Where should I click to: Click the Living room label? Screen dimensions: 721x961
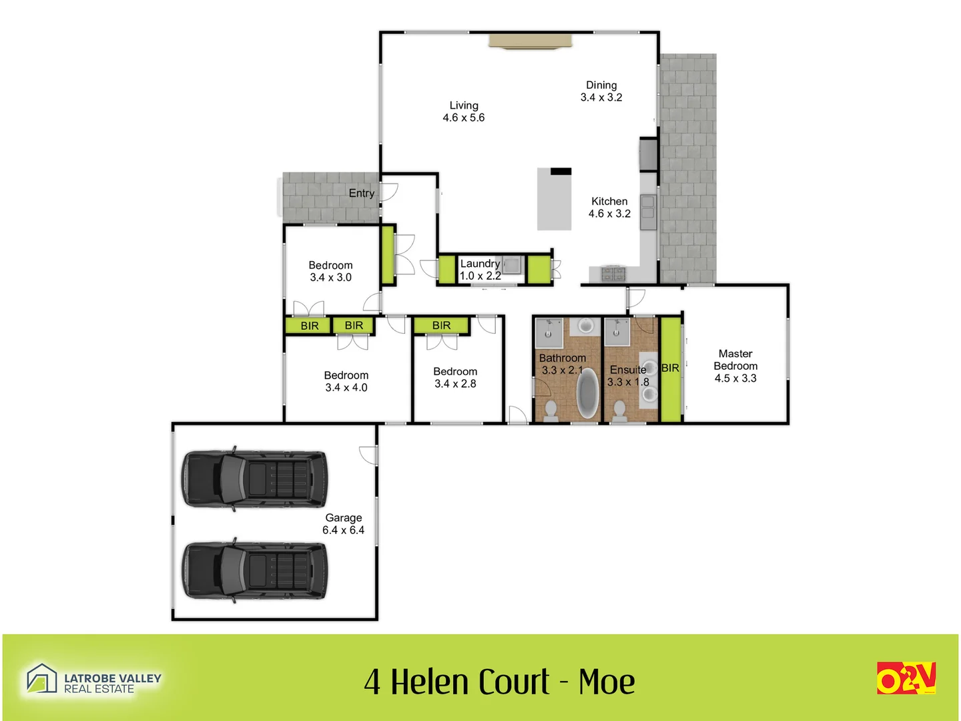click(x=463, y=111)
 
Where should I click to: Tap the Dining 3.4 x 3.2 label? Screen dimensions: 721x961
click(x=601, y=91)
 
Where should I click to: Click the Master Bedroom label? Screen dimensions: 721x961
click(x=735, y=366)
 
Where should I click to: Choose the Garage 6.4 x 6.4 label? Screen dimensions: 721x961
click(x=343, y=524)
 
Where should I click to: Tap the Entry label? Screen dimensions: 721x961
click(x=362, y=194)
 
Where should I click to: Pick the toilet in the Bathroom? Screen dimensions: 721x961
click(x=551, y=411)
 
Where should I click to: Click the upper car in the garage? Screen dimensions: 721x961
click(x=256, y=479)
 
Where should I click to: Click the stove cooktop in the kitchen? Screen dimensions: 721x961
click(x=612, y=273)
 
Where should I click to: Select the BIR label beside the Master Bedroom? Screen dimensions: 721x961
click(x=670, y=369)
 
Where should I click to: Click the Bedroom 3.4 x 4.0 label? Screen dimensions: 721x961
click(x=346, y=381)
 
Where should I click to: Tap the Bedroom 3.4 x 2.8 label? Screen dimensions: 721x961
click(x=455, y=377)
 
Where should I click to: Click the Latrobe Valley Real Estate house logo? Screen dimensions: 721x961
click(x=41, y=678)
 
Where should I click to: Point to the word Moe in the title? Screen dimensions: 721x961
click(x=607, y=682)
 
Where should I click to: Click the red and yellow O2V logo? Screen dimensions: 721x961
click(x=906, y=678)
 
